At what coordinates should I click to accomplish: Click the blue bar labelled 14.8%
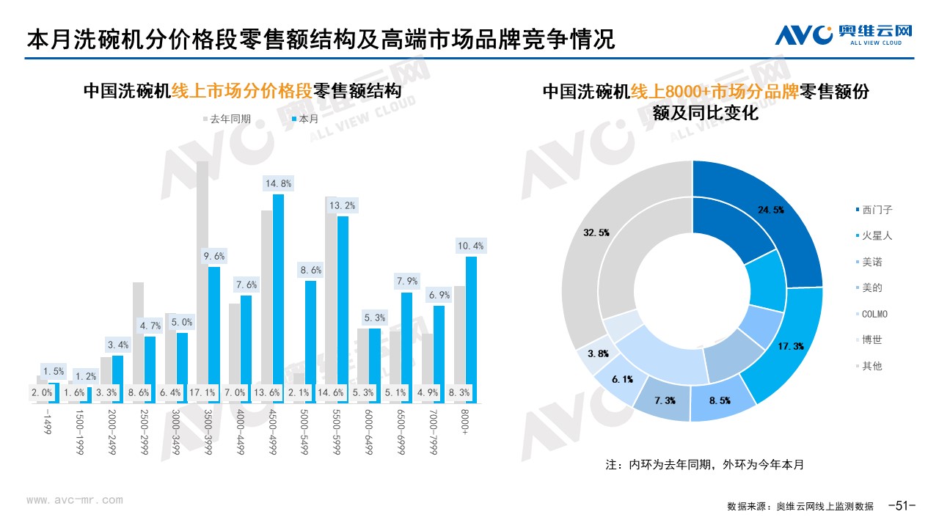(278, 293)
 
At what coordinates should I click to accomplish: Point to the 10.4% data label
(470, 246)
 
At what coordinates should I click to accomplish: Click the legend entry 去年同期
(227, 118)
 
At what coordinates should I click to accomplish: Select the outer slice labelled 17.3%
(785, 345)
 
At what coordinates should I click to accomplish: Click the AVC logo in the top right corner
(844, 34)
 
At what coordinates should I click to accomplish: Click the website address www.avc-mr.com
(75, 501)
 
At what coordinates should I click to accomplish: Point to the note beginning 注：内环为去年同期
(704, 465)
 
